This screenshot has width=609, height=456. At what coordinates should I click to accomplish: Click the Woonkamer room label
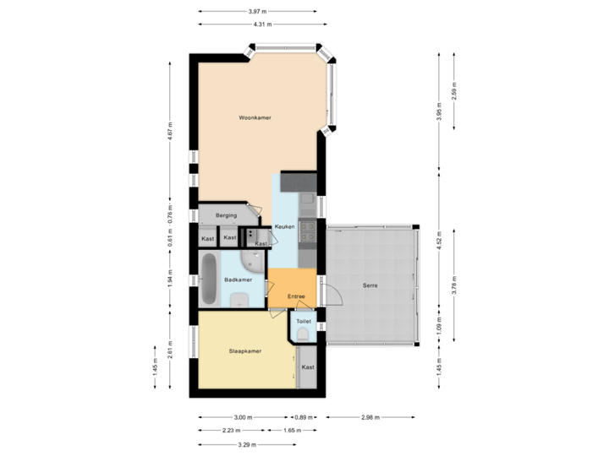coord(255,117)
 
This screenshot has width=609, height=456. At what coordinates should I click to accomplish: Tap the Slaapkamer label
coord(244,350)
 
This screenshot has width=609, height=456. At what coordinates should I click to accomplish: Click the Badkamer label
coord(238,280)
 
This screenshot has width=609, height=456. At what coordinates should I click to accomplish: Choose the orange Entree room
coord(296,296)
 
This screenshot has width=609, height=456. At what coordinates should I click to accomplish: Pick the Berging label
coord(226,215)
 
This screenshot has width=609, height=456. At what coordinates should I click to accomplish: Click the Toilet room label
coord(304,322)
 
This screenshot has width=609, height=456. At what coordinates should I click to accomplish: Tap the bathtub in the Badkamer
coord(208,280)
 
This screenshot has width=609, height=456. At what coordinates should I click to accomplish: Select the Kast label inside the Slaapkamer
coord(308,367)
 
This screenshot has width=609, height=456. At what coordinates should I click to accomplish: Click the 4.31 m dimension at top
coord(258,24)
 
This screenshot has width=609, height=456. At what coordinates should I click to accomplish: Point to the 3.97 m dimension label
coord(258,11)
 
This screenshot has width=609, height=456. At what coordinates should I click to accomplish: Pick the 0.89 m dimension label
coord(304,417)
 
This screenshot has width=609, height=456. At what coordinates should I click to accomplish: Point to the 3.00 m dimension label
coord(244,417)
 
